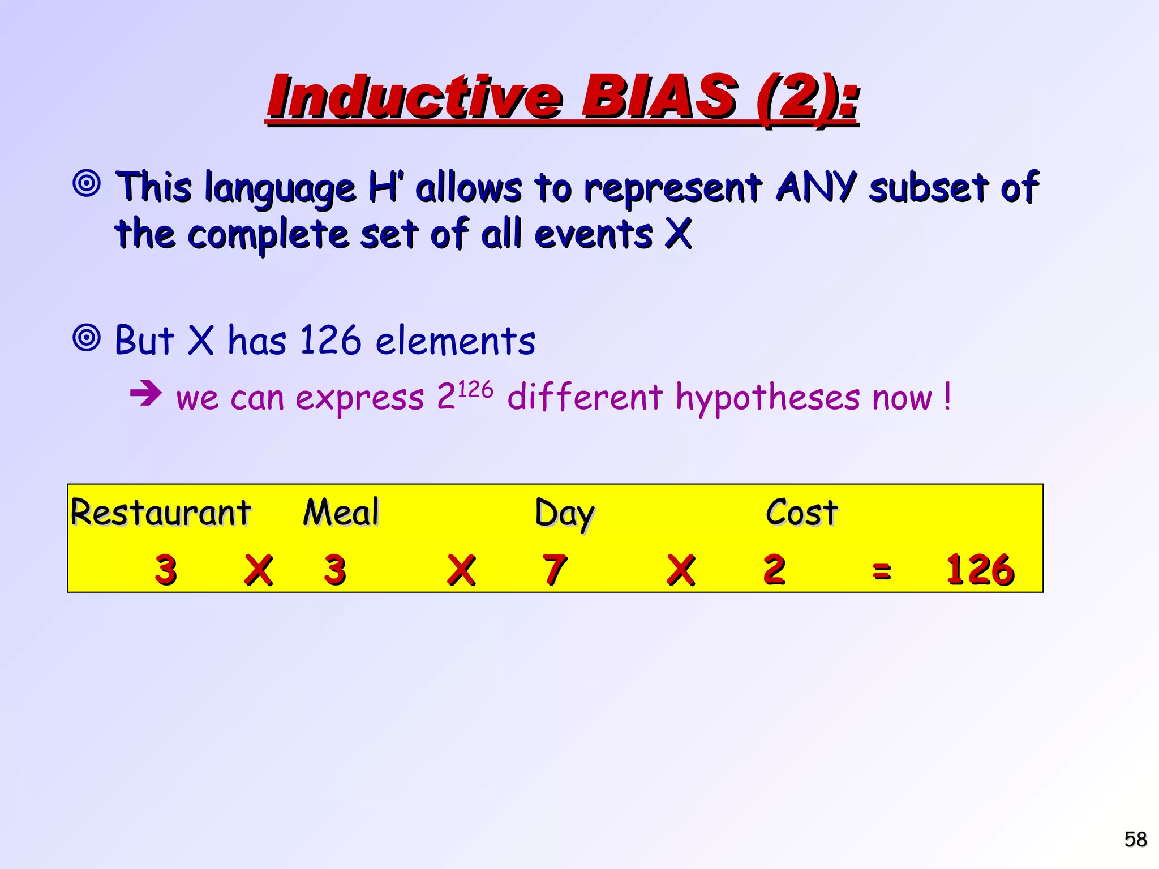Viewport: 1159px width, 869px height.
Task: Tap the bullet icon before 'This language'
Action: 87,183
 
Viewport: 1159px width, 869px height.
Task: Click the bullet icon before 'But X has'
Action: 87,338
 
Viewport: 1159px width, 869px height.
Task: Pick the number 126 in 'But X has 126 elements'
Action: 330,340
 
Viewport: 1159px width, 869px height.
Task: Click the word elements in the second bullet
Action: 455,341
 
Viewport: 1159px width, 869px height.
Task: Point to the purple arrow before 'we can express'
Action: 145,393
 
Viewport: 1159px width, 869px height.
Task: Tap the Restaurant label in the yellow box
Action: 160,513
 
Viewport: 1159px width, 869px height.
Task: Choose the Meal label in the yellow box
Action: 341,512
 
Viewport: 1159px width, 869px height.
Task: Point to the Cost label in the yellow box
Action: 801,513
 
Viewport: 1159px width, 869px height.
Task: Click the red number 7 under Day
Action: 554,569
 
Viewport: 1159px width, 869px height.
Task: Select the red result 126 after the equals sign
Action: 980,569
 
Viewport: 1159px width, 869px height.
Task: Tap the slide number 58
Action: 1135,839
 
